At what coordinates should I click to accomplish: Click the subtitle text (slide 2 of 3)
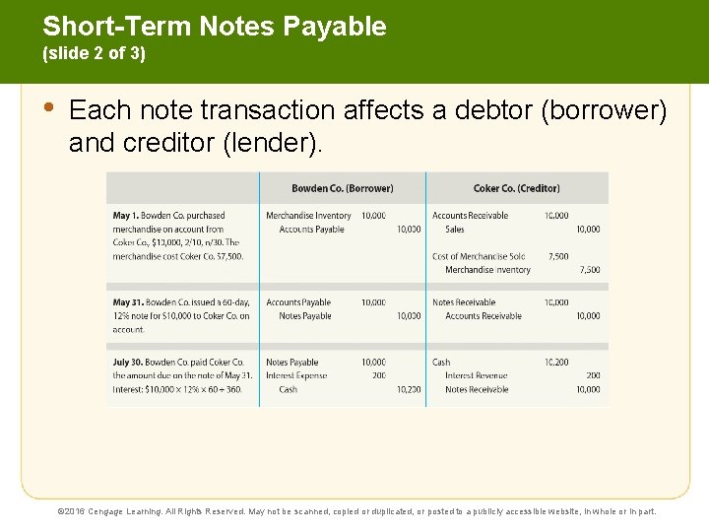click(94, 54)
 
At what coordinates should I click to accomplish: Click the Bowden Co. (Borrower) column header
click(342, 188)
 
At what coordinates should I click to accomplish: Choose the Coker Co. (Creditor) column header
click(516, 188)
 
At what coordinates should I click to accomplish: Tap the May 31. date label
click(130, 302)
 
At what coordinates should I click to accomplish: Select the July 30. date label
click(132, 362)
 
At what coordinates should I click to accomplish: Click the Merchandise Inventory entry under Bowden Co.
click(308, 215)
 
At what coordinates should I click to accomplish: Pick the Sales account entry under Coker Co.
click(455, 229)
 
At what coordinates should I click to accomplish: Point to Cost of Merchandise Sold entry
click(479, 256)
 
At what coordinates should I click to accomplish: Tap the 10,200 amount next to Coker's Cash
click(556, 362)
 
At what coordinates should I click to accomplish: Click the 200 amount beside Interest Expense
click(379, 375)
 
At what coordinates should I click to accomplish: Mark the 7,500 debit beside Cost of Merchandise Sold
click(558, 256)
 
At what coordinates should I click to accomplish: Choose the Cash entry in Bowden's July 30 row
click(288, 389)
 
